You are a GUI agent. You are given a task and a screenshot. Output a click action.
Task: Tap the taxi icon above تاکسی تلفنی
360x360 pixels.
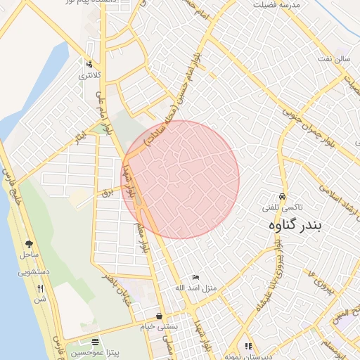click(x=282, y=197)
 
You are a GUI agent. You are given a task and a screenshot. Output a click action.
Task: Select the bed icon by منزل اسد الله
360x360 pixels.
click(x=195, y=278)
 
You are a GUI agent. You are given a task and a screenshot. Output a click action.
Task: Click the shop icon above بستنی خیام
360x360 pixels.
click(x=160, y=316)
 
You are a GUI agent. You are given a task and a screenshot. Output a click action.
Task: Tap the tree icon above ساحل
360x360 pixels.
click(x=29, y=243)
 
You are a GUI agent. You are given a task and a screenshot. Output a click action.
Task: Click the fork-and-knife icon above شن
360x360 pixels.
click(x=40, y=288)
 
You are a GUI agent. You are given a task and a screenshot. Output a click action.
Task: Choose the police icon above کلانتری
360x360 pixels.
click(x=89, y=63)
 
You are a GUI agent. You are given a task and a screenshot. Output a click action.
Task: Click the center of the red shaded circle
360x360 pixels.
click(x=181, y=179)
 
